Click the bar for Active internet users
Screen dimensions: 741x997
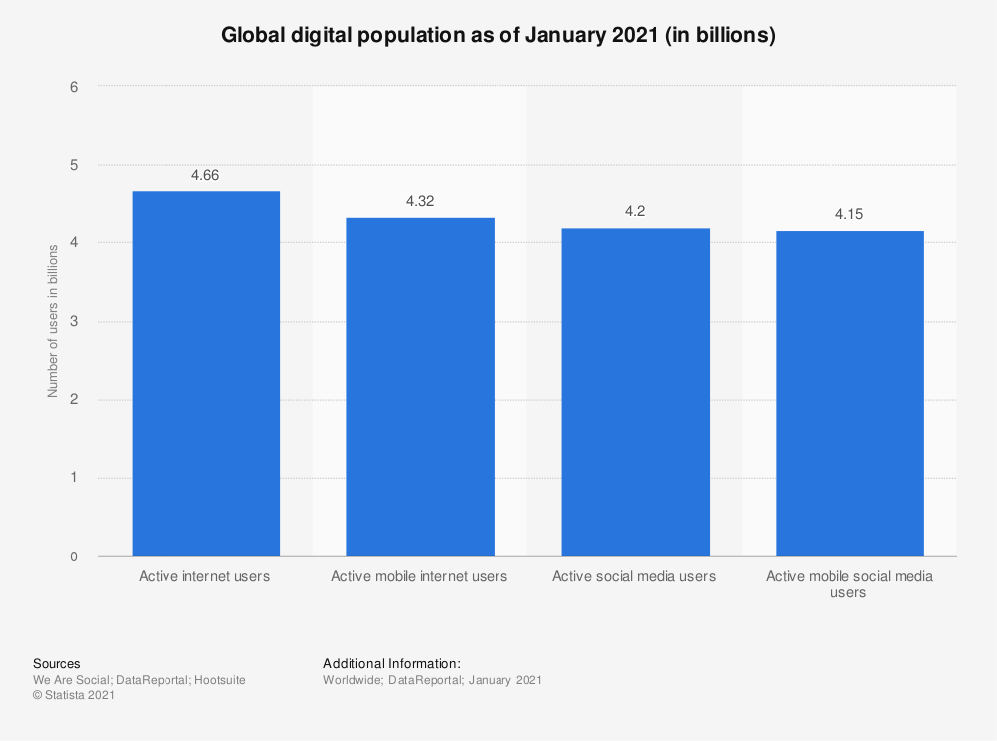pos(205,374)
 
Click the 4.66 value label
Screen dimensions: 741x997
pos(205,175)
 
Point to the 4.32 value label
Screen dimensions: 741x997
pos(420,201)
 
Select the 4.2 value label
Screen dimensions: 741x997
pos(635,211)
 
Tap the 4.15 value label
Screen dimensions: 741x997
pos(849,214)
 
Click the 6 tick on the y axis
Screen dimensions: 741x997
pos(73,87)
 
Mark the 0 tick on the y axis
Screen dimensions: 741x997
pos(73,556)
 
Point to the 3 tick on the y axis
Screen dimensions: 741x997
pos(73,322)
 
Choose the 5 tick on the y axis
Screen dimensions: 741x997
pos(73,165)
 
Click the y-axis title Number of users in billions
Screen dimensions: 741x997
pos(52,321)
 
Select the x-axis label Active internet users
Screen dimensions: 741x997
pos(204,576)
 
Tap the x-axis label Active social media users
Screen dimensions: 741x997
pos(634,576)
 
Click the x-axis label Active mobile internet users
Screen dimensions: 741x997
pos(420,576)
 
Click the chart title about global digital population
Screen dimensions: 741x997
pos(498,36)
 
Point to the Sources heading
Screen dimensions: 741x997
pos(57,663)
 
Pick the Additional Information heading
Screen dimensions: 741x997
pos(392,663)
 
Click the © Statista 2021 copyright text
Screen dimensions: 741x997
pos(74,696)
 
